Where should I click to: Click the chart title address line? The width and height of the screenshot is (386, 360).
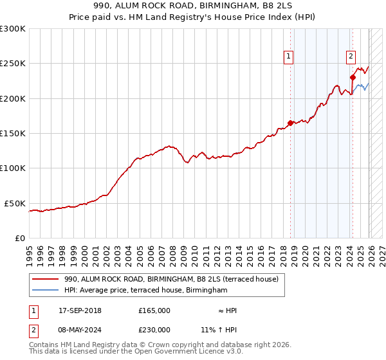click(x=193, y=7)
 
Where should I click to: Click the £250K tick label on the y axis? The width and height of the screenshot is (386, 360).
click(x=13, y=64)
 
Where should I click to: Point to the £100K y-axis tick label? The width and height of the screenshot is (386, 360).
click(x=13, y=168)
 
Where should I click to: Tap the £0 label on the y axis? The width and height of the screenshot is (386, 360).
click(x=19, y=238)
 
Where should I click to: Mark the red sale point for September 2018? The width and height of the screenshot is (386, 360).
click(x=290, y=123)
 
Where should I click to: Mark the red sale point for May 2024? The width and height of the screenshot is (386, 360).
click(x=353, y=77)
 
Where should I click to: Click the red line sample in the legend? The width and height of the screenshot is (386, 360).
click(x=44, y=280)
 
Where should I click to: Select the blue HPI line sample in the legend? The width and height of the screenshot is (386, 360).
click(x=44, y=290)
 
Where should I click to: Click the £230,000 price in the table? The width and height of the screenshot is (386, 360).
click(x=154, y=329)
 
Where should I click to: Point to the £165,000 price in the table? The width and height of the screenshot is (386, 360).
click(x=154, y=310)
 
